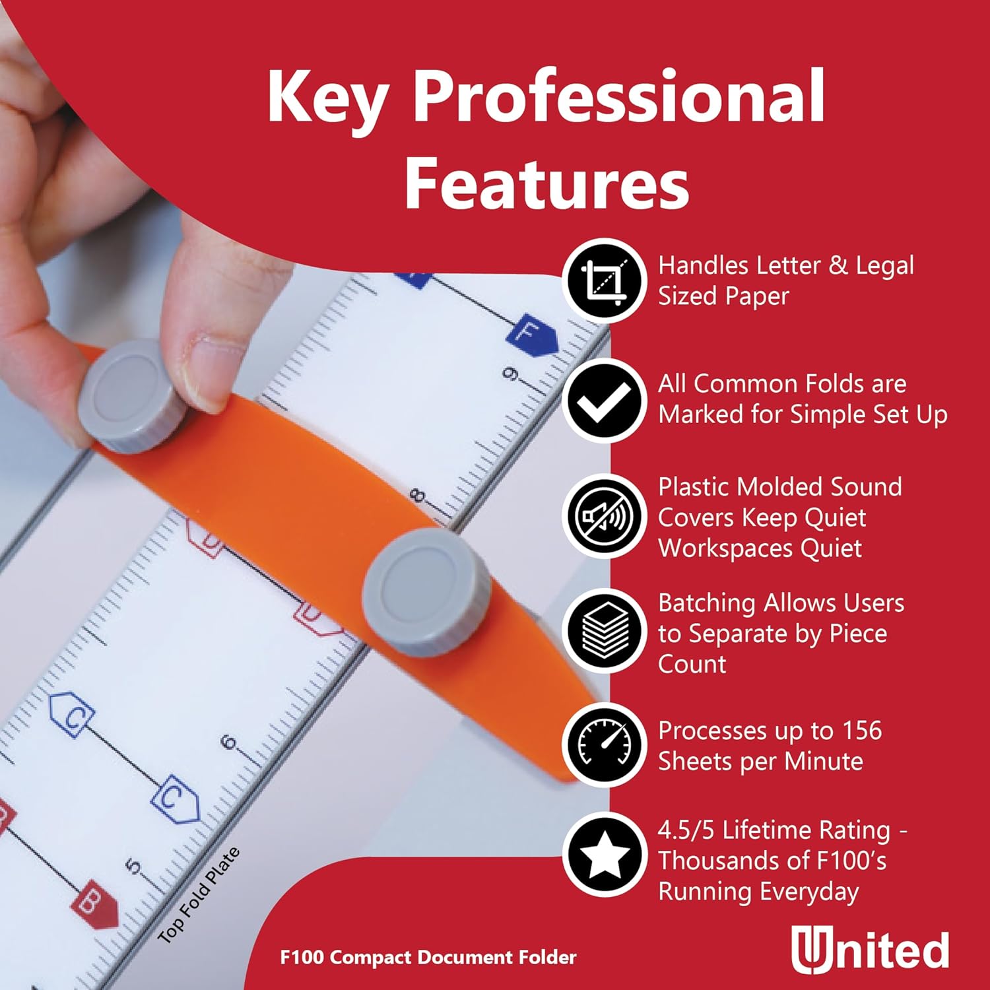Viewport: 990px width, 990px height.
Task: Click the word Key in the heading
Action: (326, 97)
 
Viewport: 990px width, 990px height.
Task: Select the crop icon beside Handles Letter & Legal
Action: (604, 281)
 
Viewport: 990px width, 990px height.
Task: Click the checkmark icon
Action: (604, 401)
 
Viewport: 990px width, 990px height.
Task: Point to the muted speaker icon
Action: (604, 515)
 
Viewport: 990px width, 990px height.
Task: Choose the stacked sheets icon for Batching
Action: (604, 630)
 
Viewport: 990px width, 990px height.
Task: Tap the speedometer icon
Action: (604, 745)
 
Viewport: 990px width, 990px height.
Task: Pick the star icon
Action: (604, 855)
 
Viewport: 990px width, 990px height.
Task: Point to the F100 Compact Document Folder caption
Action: (428, 957)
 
